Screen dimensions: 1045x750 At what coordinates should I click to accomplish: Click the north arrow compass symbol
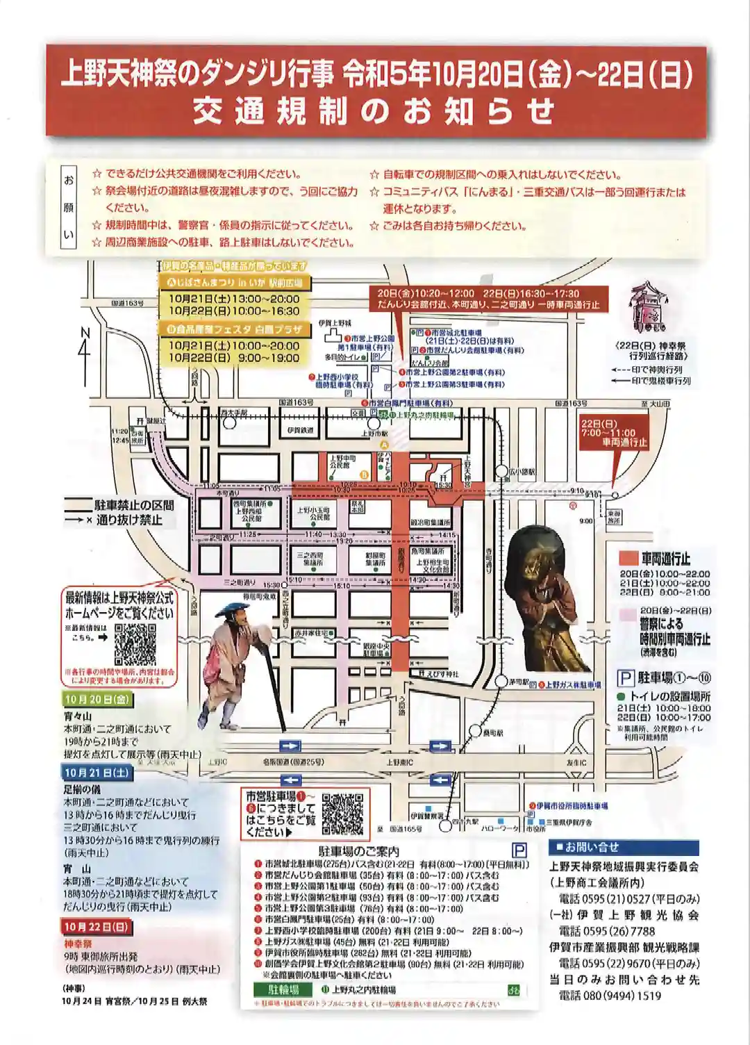(84, 343)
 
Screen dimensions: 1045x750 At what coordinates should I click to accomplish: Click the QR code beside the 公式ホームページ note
(135, 644)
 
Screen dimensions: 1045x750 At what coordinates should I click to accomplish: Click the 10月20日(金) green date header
(97, 700)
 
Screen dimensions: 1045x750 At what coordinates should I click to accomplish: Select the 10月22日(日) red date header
(97, 927)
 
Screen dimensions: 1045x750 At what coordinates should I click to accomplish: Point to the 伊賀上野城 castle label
(335, 323)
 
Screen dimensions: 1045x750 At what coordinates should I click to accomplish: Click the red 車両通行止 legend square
(628, 558)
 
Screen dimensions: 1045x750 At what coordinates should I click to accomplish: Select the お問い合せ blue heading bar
(623, 848)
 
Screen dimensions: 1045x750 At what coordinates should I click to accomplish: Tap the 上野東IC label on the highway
(399, 762)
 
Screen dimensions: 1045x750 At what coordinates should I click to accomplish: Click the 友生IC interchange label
(576, 762)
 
